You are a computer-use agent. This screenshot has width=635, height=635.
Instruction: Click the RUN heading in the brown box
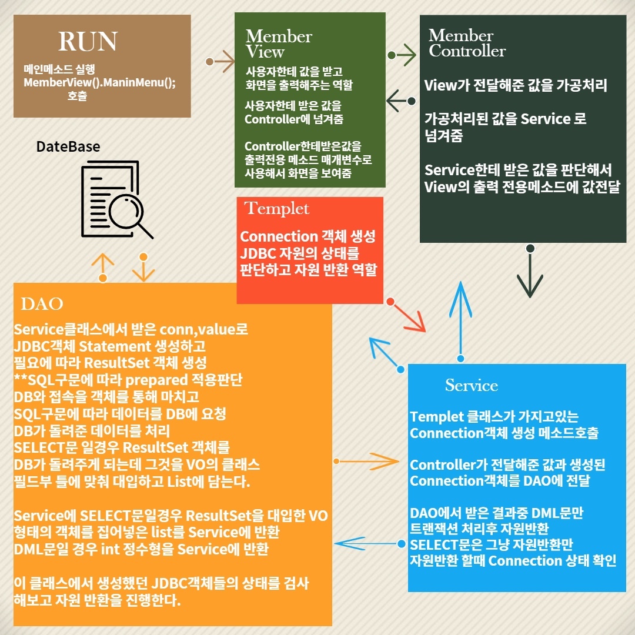click(88, 42)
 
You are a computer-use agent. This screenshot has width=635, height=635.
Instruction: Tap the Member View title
click(278, 44)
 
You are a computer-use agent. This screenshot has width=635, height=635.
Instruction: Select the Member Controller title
click(467, 43)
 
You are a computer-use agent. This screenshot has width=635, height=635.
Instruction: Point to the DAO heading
click(42, 304)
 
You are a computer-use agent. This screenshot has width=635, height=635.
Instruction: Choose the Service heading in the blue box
click(471, 386)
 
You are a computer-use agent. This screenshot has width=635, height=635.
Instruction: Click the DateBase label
click(68, 146)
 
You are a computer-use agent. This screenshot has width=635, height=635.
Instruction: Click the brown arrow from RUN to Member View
click(222, 61)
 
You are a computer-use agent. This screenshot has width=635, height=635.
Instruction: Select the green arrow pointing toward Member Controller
click(403, 55)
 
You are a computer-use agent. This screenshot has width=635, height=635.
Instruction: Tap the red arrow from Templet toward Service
click(409, 316)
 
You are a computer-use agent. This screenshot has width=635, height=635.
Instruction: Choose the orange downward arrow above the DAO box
click(143, 268)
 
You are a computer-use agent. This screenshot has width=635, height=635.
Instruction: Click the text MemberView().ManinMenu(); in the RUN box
click(99, 82)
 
